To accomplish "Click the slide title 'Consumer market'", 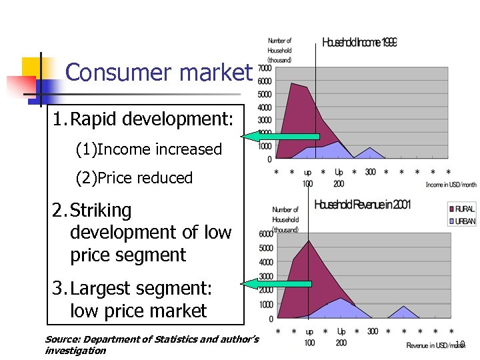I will [159, 72].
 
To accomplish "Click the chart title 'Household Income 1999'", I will [359, 43].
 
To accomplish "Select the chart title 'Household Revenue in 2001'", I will [362, 204].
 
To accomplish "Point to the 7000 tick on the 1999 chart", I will [265, 68].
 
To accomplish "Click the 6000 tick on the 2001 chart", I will [265, 234].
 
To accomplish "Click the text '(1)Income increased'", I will [149, 149].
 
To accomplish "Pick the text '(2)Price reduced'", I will [134, 178].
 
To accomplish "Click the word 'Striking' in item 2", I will [101, 211].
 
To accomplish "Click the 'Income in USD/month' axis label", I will [451, 185].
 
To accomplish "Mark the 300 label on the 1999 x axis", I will [370, 172].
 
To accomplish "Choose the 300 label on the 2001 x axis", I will [372, 331].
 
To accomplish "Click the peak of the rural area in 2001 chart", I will [309, 241].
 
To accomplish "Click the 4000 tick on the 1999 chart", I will [265, 107].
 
